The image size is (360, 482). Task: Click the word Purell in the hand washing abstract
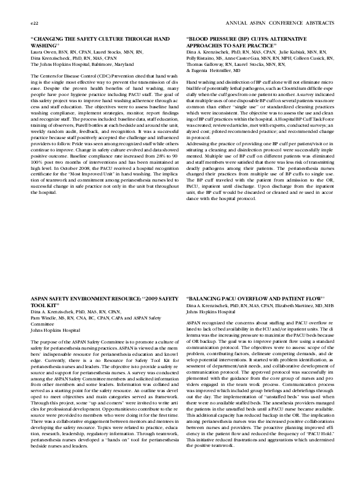[70, 125]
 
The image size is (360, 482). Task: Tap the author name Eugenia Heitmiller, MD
[219, 69]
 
